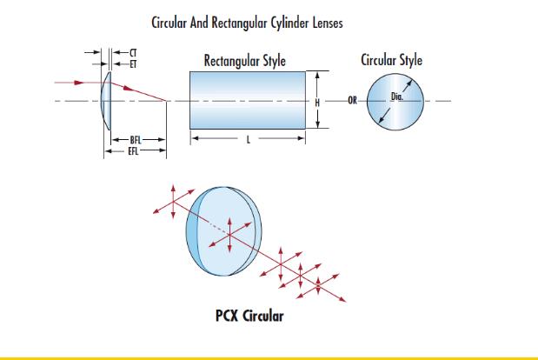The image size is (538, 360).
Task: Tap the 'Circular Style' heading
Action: point(391,61)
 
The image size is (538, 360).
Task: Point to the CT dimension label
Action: point(131,54)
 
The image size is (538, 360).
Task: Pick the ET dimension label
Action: point(131,63)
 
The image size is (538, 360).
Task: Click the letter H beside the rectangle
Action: point(319,102)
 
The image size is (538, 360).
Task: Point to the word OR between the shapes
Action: point(352,102)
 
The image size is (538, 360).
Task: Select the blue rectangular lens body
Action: point(248,101)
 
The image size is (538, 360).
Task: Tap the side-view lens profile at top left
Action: point(106,101)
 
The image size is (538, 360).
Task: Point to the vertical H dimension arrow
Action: point(319,87)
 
